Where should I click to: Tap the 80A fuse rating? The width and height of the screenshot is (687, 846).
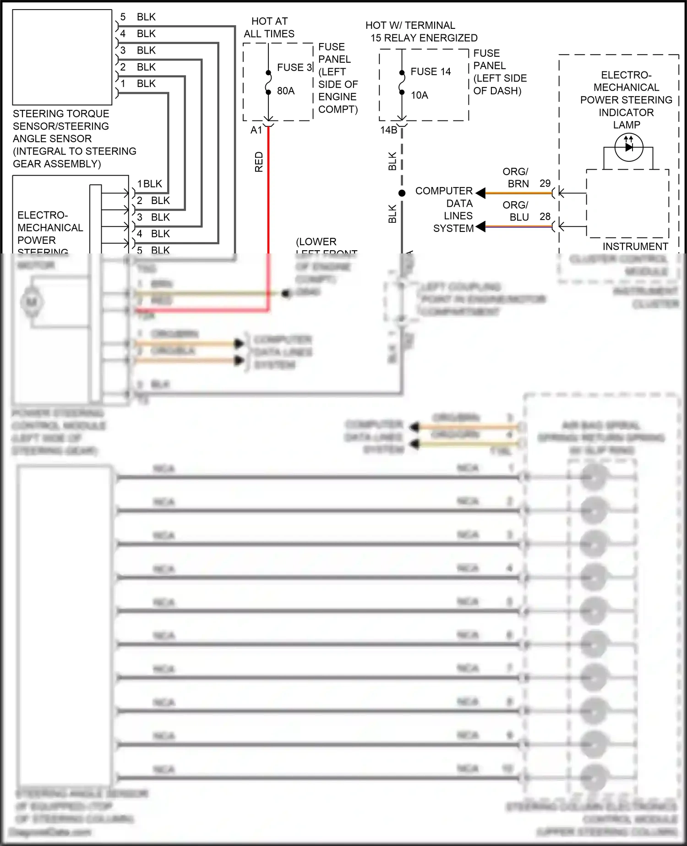coord(286,91)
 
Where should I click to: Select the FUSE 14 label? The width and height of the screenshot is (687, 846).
coord(431,71)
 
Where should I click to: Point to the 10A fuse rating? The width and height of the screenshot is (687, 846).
coord(419,95)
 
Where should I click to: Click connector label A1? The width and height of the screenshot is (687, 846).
coord(256,130)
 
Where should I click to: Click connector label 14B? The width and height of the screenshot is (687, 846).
coord(388,130)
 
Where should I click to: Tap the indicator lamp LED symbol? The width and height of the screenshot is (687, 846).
coord(629,147)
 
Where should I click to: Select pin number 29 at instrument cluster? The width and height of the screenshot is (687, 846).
coord(545,183)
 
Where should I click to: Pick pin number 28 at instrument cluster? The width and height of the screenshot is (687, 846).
coord(545,216)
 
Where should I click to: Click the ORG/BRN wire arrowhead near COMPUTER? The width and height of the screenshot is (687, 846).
coord(480,193)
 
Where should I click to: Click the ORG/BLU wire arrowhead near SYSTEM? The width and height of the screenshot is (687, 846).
coord(480,226)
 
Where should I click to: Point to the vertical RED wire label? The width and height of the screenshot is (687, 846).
coord(259,162)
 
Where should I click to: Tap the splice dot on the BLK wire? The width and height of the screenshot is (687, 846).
coord(402,193)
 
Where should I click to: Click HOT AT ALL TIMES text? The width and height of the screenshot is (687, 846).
coord(269,27)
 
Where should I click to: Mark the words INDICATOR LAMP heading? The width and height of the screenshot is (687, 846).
coord(626,118)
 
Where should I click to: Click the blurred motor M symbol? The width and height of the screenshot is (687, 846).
coord(32,302)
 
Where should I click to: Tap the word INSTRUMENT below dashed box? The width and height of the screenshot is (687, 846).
coord(635,247)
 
